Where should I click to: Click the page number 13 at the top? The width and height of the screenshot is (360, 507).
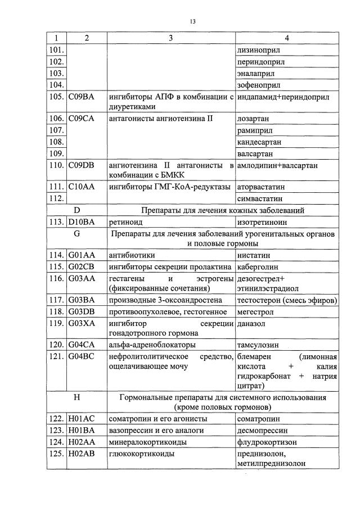coord(192,21)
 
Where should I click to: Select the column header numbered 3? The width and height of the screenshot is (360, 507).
coord(170,38)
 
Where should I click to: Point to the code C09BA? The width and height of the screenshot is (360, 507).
coord(81,97)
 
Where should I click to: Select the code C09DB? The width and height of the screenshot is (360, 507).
coord(82,165)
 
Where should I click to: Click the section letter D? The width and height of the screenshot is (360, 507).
coord(78,210)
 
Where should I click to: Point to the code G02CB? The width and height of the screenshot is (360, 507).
coord(82,266)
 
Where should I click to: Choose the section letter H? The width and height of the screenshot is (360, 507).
coord(78,397)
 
